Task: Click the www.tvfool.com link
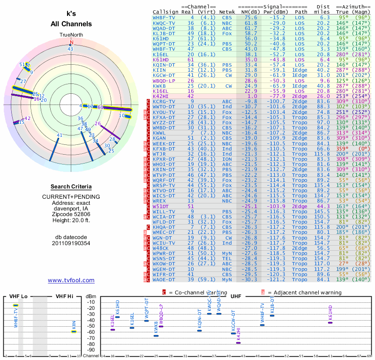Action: pos(71,280)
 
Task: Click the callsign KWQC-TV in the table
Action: pos(164,23)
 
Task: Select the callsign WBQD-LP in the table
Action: pos(164,81)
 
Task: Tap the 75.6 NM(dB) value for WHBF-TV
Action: pos(249,17)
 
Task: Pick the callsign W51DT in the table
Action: pos(162,206)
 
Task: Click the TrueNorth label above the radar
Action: pos(71,35)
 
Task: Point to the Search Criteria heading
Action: pos(71,187)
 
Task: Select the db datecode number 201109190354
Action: pos(71,243)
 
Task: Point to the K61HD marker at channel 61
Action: pos(330,322)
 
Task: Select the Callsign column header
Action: pos(165,12)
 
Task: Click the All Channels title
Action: pos(71,24)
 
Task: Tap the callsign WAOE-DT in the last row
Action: pos(164,280)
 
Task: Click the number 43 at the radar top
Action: pos(70,48)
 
